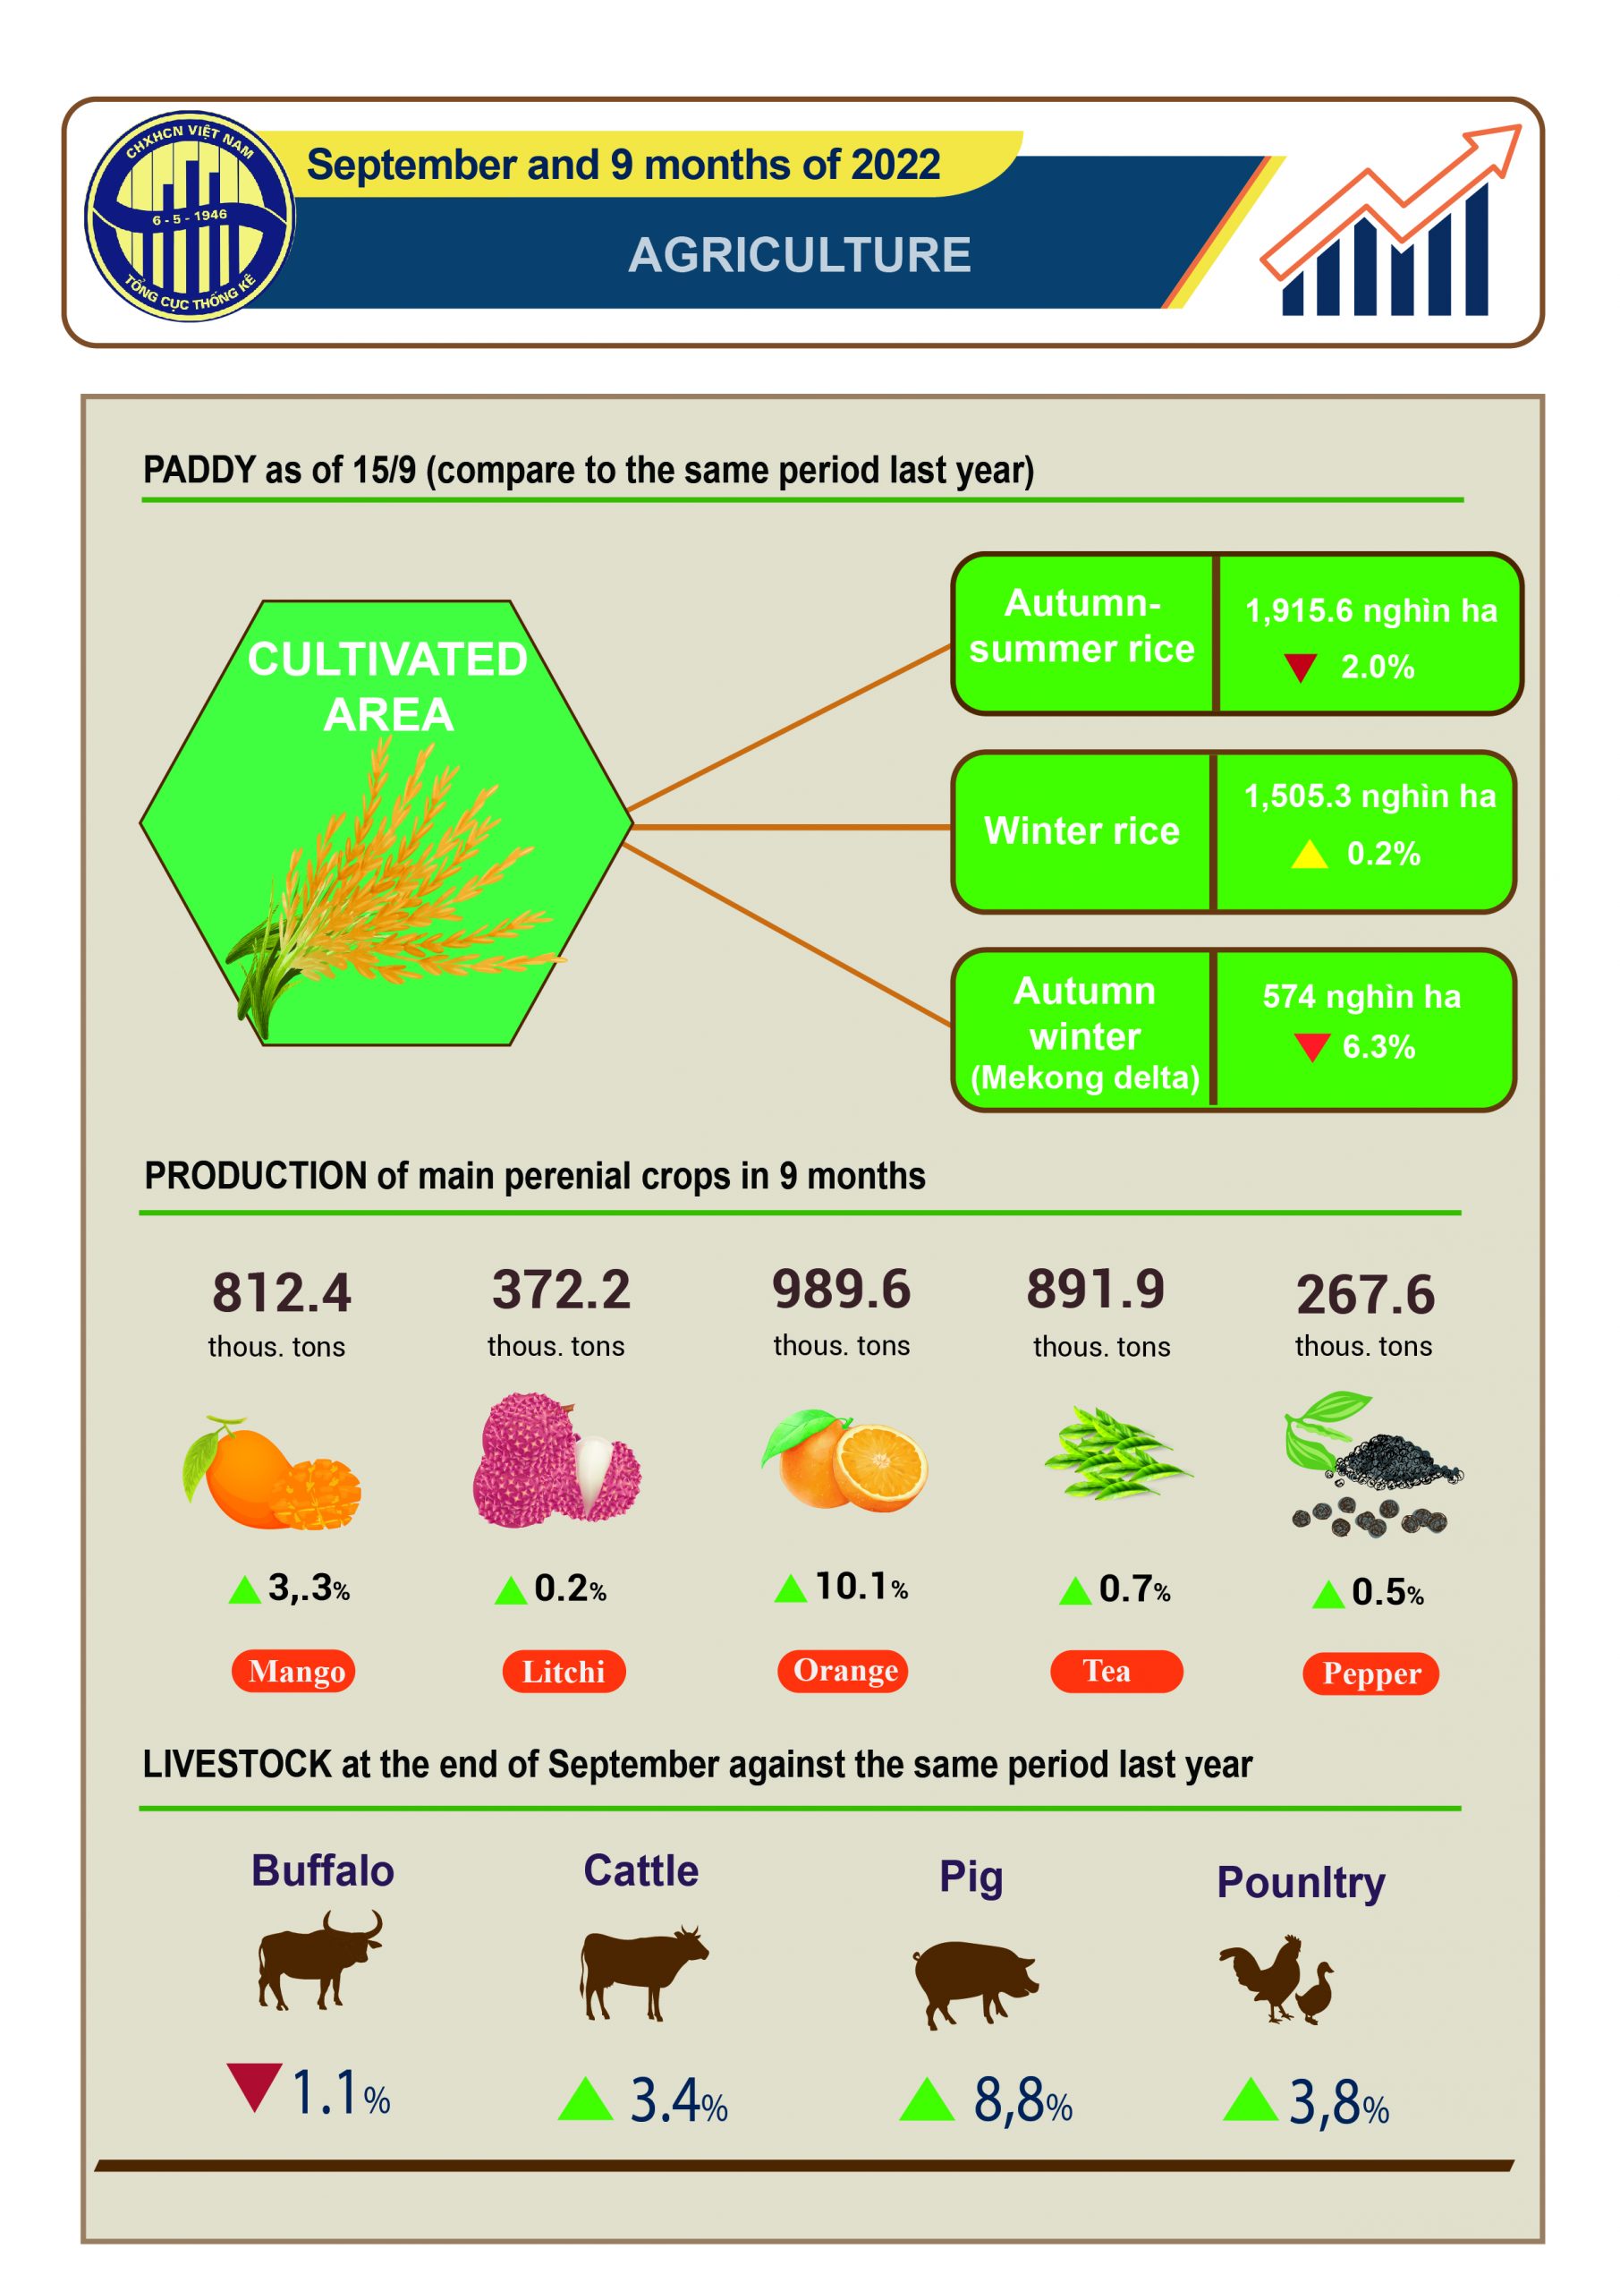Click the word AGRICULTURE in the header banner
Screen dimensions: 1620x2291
[x=799, y=255]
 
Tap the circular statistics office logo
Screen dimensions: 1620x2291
[x=190, y=216]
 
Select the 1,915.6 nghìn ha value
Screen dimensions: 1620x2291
[x=1370, y=610]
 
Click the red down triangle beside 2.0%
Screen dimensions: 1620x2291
[x=1300, y=668]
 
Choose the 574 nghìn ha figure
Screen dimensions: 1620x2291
[x=1361, y=996]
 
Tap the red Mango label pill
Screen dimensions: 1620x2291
[x=293, y=1673]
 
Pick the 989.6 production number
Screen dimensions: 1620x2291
[x=841, y=1290]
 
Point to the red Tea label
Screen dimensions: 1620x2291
[x=1116, y=1673]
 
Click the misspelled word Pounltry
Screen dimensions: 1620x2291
[x=1301, y=1883]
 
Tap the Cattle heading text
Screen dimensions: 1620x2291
[x=641, y=1871]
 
